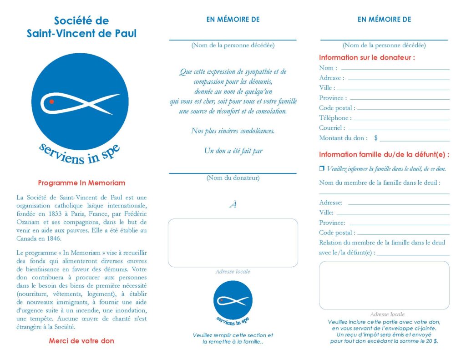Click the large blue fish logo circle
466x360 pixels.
pyautogui.click(x=81, y=101)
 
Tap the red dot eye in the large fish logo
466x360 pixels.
pyautogui.click(x=52, y=102)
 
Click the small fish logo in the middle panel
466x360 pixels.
pyautogui.click(x=233, y=300)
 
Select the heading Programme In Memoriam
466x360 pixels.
pyautogui.click(x=81, y=183)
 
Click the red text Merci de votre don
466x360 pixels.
pyautogui.click(x=81, y=341)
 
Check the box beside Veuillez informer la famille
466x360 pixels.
pyautogui.click(x=322, y=169)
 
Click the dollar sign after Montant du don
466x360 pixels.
pyautogui.click(x=376, y=138)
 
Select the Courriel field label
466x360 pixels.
pyautogui.click(x=332, y=128)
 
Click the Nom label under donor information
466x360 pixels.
pyautogui.click(x=328, y=68)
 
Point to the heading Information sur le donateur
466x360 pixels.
pyautogui.click(x=367, y=58)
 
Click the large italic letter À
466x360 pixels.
pyautogui.click(x=233, y=205)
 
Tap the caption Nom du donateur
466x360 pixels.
pyautogui.click(x=233, y=178)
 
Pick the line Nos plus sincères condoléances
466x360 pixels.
pyautogui.click(x=233, y=131)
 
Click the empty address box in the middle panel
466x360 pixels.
pyautogui.click(x=233, y=243)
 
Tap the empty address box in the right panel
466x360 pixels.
pyautogui.click(x=384, y=285)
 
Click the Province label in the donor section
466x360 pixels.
pyautogui.click(x=333, y=98)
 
